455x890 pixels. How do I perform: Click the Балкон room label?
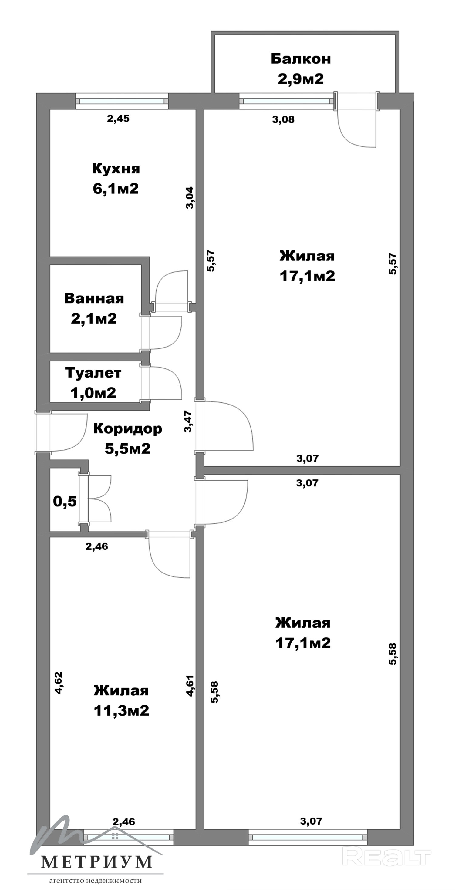tap(301, 59)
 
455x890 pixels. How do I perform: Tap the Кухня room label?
tap(116, 169)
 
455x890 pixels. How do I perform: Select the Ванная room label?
tap(94, 298)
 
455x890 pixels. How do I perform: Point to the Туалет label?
tap(93, 374)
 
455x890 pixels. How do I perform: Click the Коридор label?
tap(127, 429)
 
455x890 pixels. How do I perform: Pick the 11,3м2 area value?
tap(121, 711)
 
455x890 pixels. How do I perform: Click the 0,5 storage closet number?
tap(65, 501)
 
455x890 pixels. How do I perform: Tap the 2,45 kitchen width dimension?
tap(118, 119)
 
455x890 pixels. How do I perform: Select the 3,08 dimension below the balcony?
tap(283, 119)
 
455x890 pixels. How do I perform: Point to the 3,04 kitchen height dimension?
tap(190, 198)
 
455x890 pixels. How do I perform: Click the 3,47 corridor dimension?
tap(188, 421)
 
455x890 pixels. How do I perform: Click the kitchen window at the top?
tap(122, 101)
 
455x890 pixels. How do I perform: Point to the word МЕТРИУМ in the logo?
tap(97, 862)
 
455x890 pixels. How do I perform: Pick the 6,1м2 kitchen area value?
tap(116, 189)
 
